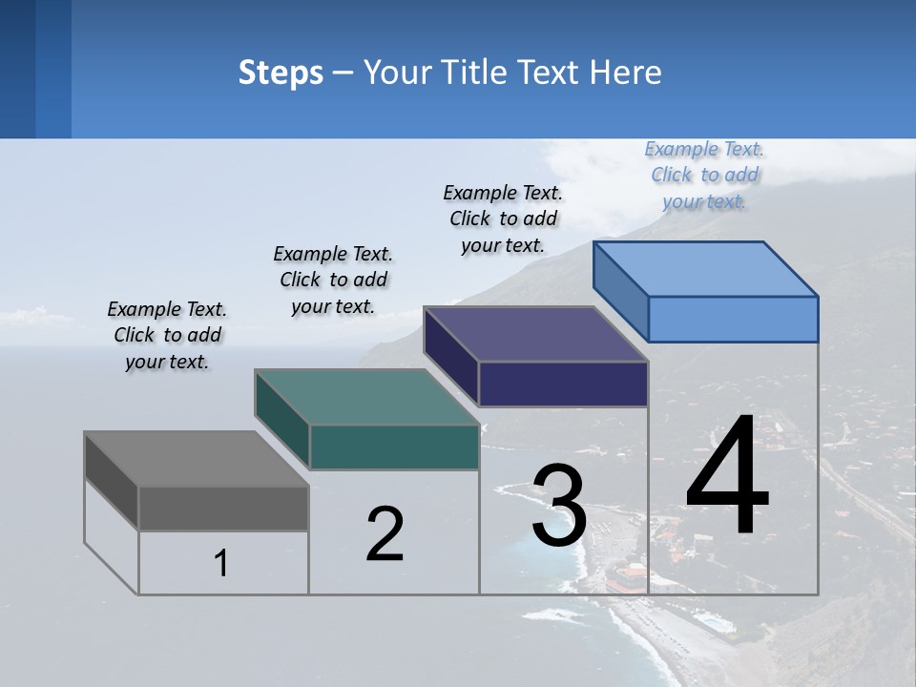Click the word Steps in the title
click(281, 73)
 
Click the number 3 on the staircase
click(559, 506)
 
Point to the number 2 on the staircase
click(385, 534)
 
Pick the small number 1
click(221, 563)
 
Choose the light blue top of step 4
click(706, 269)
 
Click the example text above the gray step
click(167, 336)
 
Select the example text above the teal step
click(333, 281)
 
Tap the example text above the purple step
click(503, 219)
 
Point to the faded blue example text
click(704, 175)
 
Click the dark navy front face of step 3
click(563, 385)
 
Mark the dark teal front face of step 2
click(394, 447)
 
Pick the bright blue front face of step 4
click(733, 319)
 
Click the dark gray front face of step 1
click(223, 508)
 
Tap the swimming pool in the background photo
click(711, 621)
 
